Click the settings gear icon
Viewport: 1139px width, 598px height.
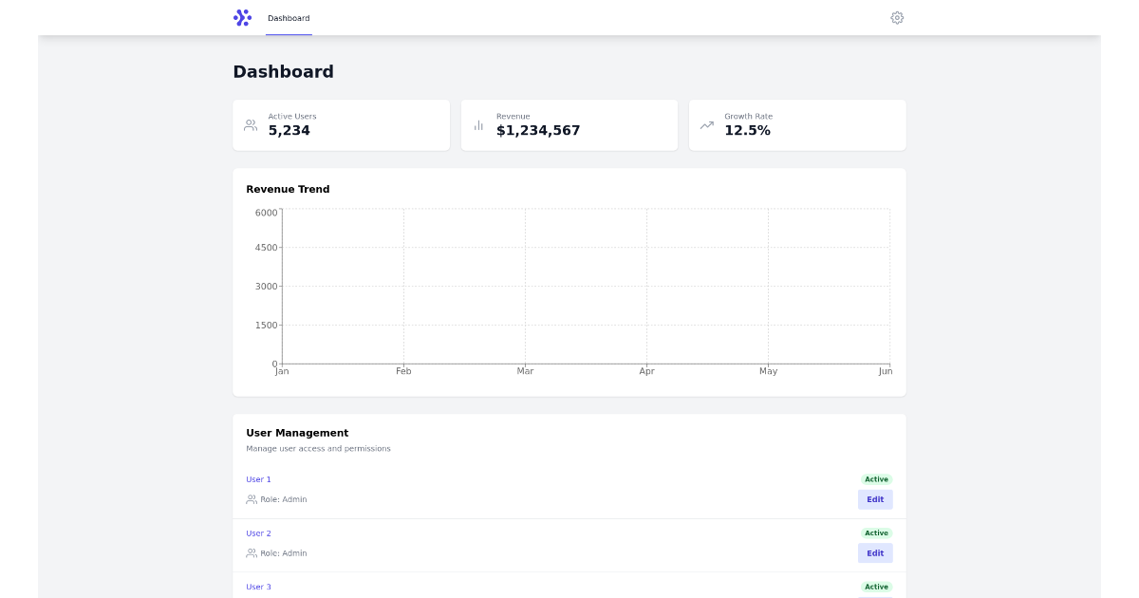[897, 18]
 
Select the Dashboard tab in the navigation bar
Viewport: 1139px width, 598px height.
[289, 18]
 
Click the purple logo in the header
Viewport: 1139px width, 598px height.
[243, 18]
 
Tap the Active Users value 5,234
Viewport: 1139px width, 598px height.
[289, 131]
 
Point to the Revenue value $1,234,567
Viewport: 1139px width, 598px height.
[538, 131]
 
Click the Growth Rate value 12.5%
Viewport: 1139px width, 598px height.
[747, 131]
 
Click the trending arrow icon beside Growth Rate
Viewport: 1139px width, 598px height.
[707, 125]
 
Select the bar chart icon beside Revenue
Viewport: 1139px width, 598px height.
[478, 125]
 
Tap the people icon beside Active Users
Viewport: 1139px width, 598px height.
[251, 125]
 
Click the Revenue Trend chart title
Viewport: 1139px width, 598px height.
[288, 189]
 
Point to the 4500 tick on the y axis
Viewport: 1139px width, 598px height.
[267, 248]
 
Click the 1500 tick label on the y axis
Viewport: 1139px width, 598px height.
[267, 326]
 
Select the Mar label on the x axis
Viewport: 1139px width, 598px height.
[525, 371]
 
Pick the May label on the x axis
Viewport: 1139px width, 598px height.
[768, 371]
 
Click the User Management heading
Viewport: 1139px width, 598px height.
[297, 433]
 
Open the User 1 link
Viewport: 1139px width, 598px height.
[258, 479]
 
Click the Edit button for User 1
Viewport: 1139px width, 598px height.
[875, 499]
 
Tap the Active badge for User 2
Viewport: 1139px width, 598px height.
[876, 533]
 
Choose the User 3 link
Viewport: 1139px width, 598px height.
[258, 587]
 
